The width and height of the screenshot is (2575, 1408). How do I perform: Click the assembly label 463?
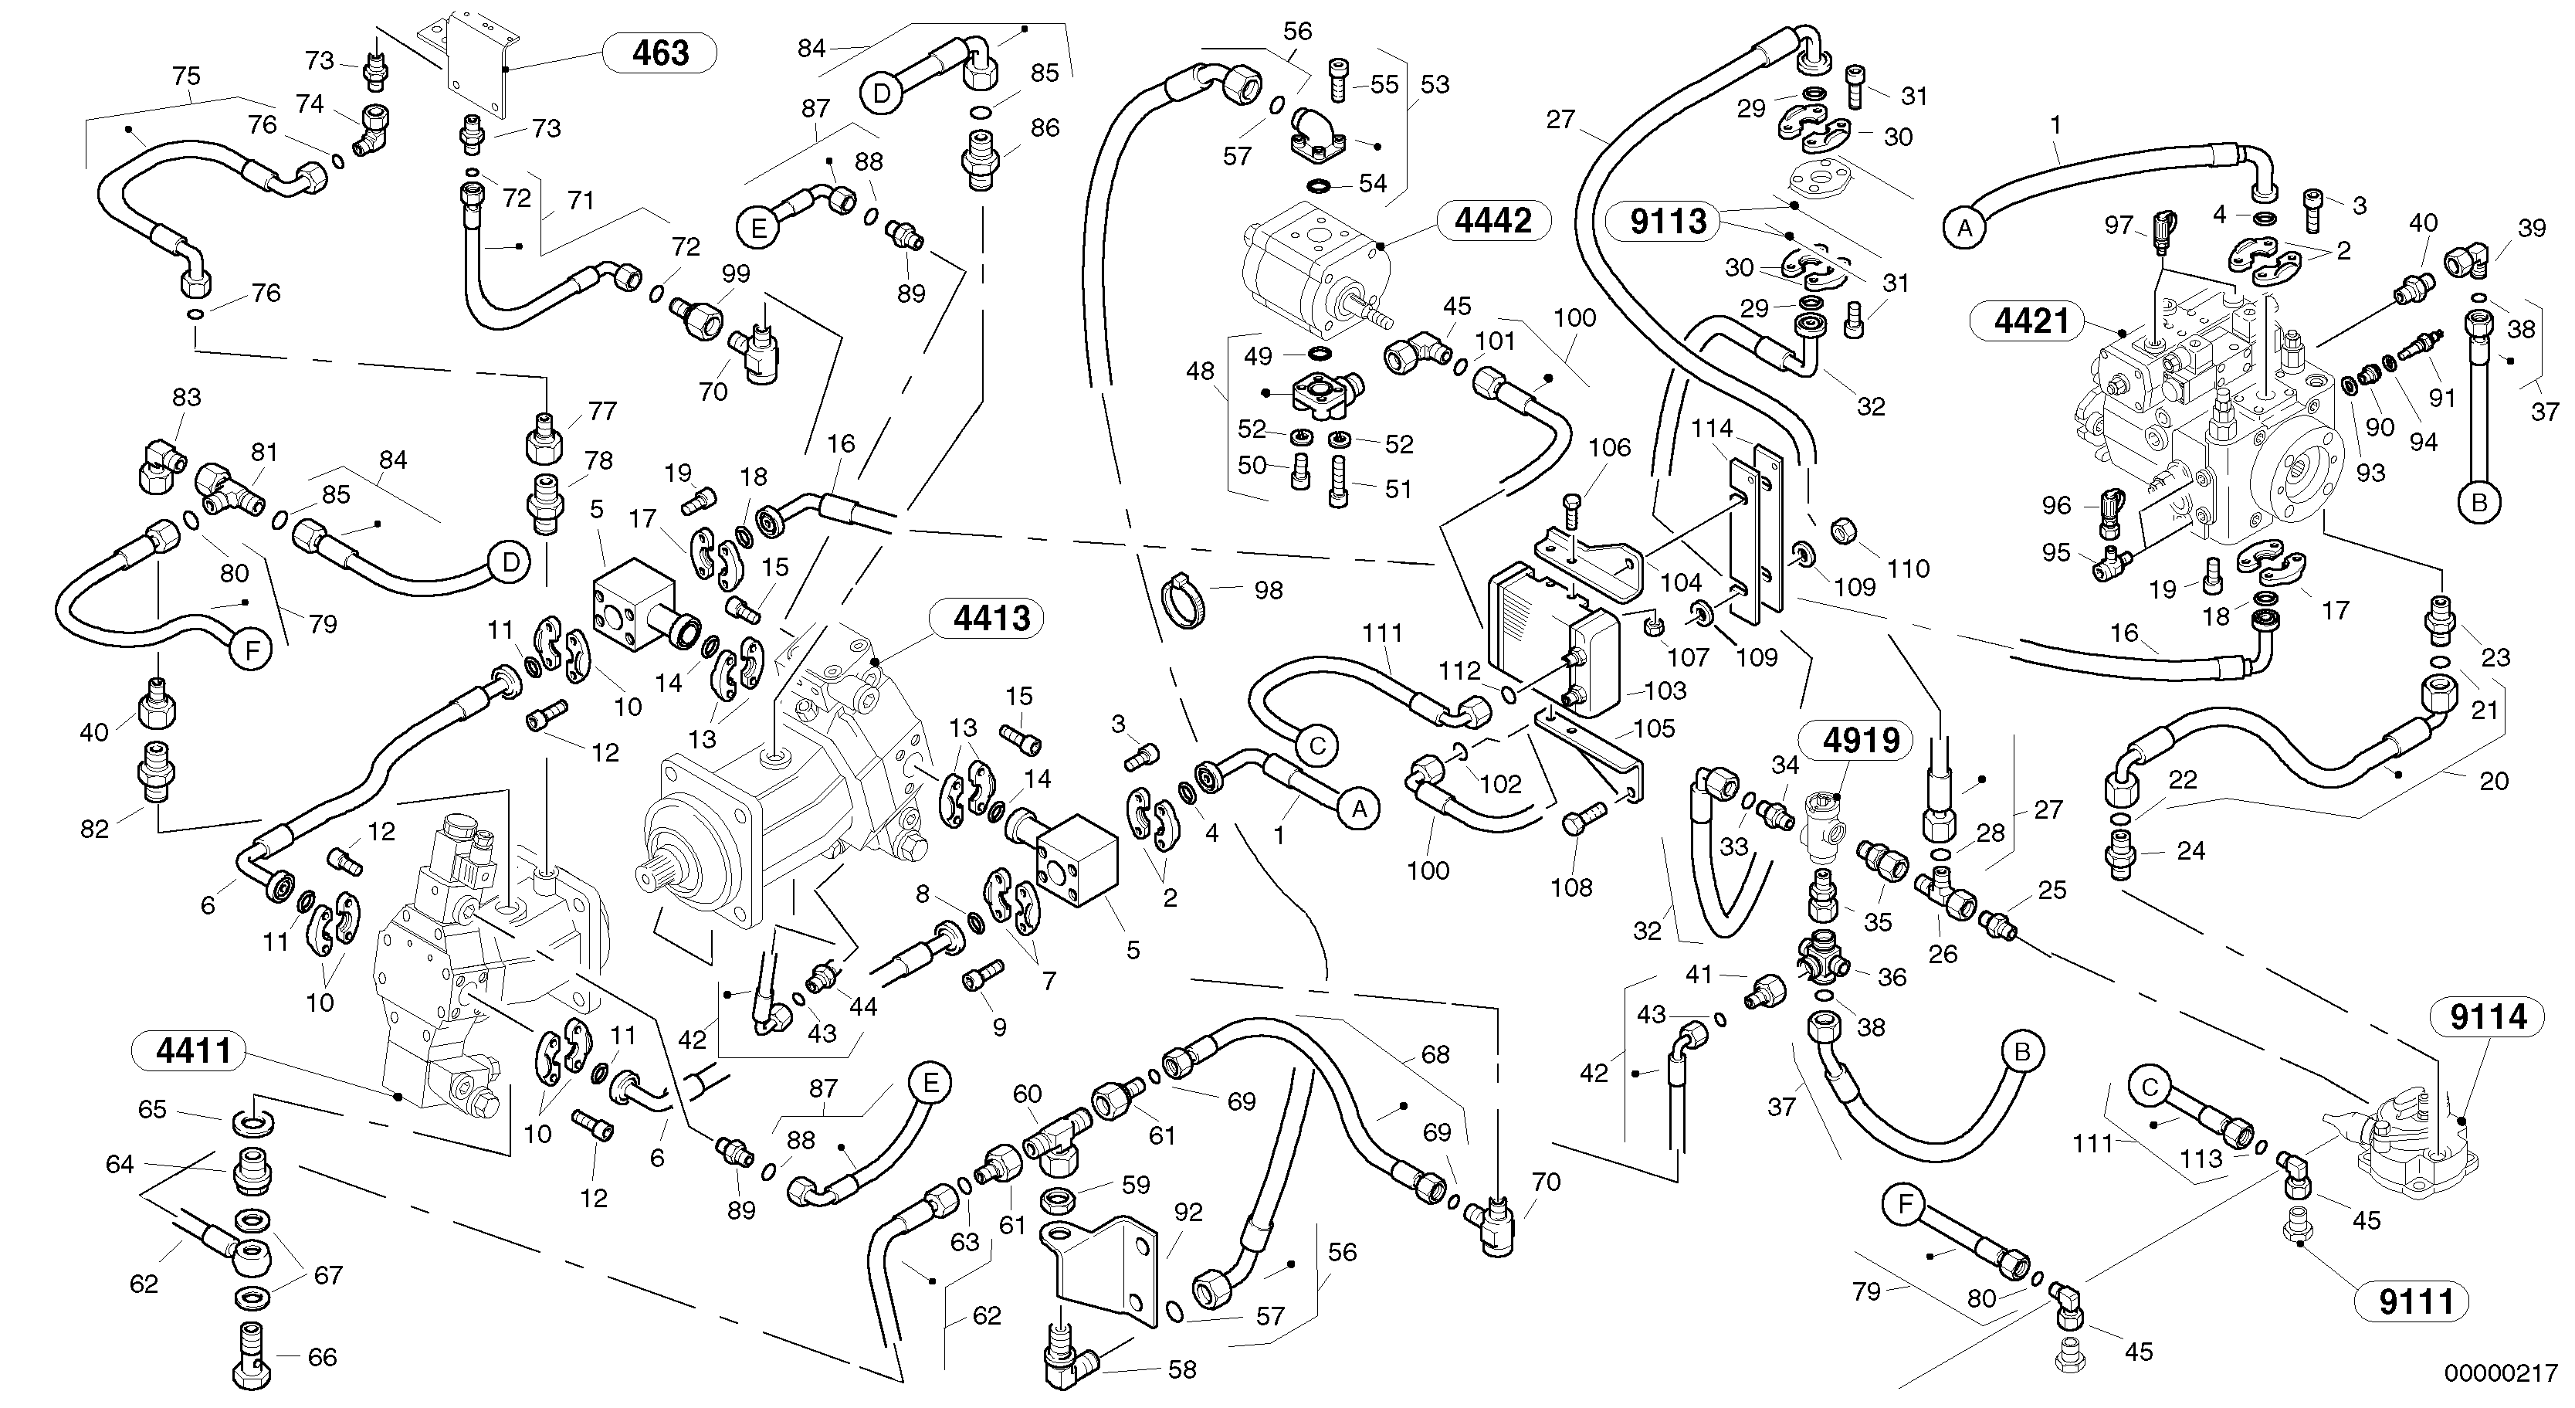[661, 53]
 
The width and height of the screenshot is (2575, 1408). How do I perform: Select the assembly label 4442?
[1492, 221]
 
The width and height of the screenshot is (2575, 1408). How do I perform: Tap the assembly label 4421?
[2031, 321]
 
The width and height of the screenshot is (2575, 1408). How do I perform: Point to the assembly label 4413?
[991, 619]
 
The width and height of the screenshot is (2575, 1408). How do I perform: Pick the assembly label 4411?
[193, 1051]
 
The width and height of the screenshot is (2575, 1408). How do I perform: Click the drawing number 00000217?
[2501, 1373]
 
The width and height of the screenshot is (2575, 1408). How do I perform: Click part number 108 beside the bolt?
[1570, 887]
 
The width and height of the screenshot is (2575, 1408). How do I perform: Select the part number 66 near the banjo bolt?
[322, 1357]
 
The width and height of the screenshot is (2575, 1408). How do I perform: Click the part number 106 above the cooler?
[1609, 447]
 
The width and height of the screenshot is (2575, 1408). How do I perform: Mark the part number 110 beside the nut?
[1907, 569]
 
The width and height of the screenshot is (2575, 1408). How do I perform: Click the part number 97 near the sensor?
[2118, 225]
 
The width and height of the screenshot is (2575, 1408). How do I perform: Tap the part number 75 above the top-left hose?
[186, 76]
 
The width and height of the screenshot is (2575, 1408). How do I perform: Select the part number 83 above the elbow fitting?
[186, 397]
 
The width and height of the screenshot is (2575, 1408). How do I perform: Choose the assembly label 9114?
[2488, 1017]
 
